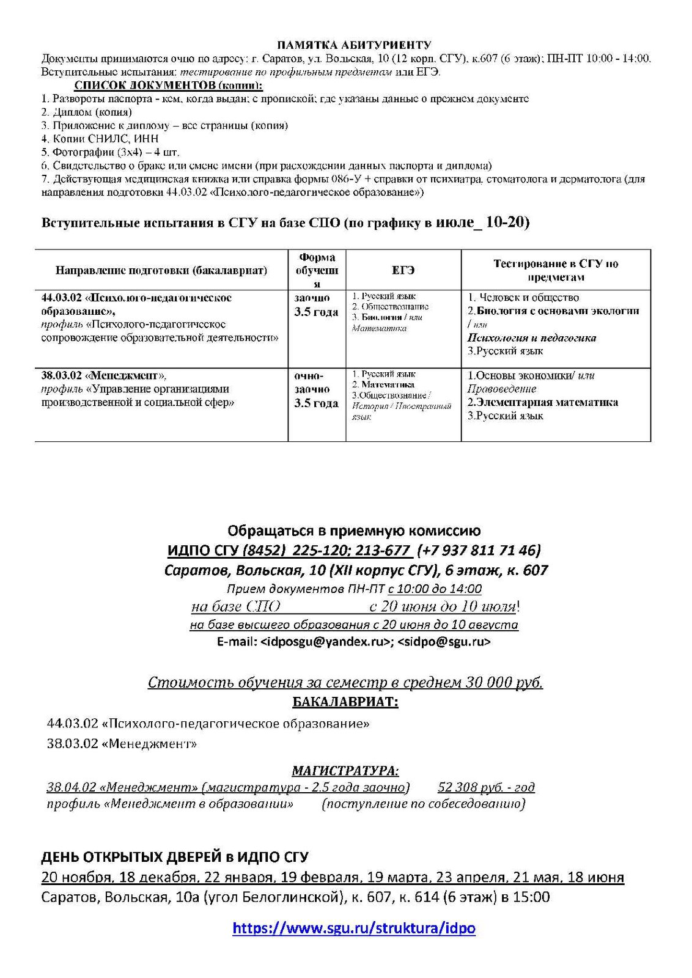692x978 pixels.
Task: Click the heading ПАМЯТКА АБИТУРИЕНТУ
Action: pos(354,45)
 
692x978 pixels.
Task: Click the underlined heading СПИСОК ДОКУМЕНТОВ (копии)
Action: pos(168,85)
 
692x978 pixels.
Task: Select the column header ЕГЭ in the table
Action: pos(403,270)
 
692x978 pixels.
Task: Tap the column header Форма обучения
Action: pos(317,270)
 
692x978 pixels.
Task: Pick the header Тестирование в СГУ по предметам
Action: pos(556,270)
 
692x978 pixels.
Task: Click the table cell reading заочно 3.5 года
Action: pos(316,305)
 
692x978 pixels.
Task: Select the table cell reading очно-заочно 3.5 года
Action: pos(316,389)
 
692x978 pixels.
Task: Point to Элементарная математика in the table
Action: pos(543,402)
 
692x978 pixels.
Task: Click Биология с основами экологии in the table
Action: pos(558,311)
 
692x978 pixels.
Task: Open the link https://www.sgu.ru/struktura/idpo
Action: pos(354,928)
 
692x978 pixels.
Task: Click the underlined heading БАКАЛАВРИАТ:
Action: pos(345,702)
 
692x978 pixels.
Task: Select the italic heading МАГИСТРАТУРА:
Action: pos(345,771)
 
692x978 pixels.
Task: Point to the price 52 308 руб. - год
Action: pos(486,787)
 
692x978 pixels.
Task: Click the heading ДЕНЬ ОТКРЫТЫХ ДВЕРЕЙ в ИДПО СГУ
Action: pos(175,856)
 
